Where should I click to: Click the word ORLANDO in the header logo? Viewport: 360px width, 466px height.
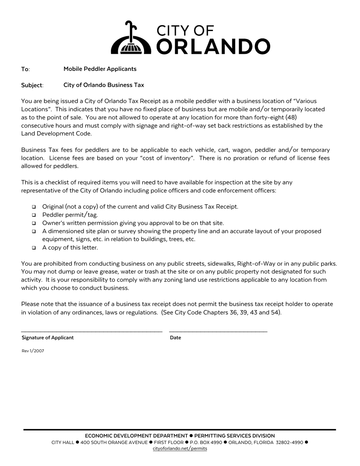213,46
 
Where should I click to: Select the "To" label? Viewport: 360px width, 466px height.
25,69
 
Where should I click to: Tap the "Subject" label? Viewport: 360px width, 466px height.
32,85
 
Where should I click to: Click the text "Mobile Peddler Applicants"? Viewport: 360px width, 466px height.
100,69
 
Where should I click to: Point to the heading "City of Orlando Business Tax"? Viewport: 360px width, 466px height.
104,85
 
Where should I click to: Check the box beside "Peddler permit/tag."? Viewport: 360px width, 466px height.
34,215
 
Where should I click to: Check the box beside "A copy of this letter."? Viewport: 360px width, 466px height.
34,248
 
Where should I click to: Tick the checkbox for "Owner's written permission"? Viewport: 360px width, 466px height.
34,223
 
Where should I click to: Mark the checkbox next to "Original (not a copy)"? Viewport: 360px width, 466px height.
34,207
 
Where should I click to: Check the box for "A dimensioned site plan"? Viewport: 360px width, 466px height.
34,231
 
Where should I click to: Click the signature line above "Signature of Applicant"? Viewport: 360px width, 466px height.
92,332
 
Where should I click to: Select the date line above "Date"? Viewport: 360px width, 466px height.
218,332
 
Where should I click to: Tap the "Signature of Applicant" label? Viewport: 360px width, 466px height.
48,338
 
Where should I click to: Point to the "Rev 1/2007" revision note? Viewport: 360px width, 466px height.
33,351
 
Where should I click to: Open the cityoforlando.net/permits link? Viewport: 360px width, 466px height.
180,449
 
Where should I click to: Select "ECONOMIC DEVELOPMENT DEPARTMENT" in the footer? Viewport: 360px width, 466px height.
136,436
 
